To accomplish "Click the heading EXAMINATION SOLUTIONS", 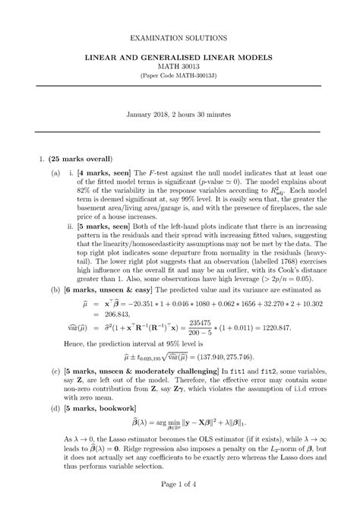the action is point(179,36).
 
